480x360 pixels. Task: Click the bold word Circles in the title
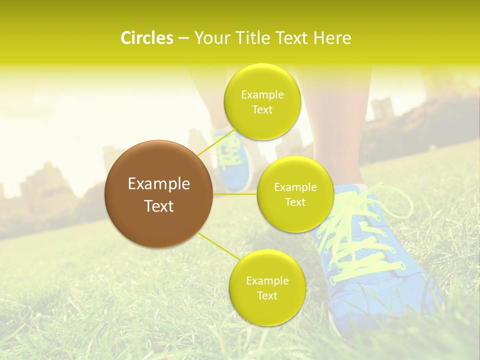click(146, 38)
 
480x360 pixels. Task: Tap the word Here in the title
click(332, 38)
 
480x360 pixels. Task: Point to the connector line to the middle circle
click(235, 193)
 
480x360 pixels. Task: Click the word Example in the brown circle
click(159, 184)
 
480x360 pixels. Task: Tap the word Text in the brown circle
click(159, 206)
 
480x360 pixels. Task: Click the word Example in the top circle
click(262, 95)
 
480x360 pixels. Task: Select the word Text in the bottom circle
click(267, 295)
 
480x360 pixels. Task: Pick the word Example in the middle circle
click(295, 187)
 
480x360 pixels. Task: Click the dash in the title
click(183, 38)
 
